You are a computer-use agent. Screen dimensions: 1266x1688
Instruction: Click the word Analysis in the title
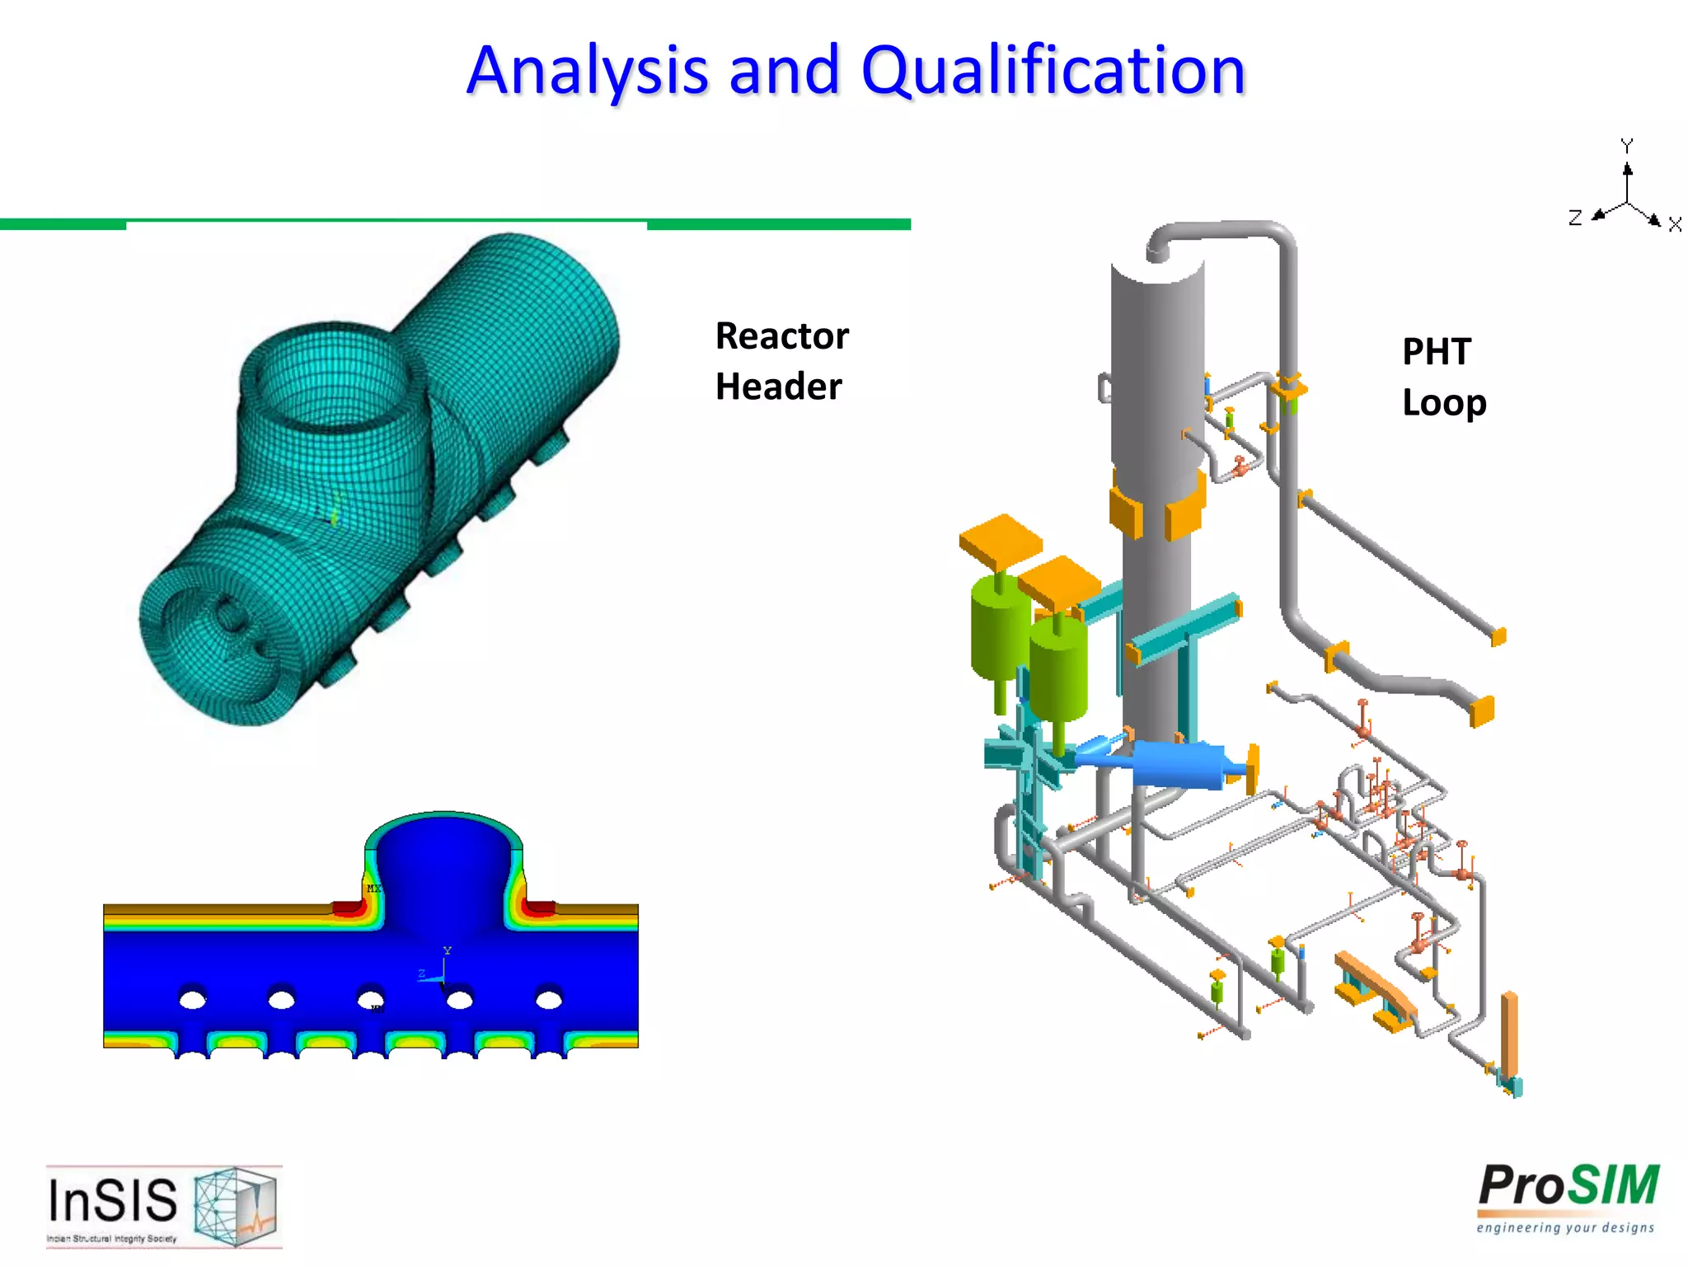tap(586, 71)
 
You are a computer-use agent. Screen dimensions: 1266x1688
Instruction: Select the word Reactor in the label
tap(781, 336)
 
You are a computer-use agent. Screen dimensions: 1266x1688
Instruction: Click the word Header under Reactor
tap(778, 387)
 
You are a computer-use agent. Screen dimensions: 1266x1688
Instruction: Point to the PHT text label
tap(1436, 352)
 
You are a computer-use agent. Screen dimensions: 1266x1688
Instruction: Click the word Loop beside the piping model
tap(1444, 403)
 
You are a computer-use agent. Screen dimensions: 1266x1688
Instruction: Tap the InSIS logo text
tap(113, 1200)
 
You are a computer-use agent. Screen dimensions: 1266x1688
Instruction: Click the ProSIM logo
tap(1568, 1187)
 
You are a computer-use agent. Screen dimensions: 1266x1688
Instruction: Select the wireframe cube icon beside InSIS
tap(236, 1205)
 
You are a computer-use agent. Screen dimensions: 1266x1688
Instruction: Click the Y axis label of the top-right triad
tap(1626, 146)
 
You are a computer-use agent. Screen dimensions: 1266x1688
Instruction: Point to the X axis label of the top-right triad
tap(1674, 225)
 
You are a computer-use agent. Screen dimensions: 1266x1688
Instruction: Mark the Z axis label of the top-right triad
tap(1575, 218)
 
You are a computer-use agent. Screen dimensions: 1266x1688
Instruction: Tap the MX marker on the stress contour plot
tap(373, 889)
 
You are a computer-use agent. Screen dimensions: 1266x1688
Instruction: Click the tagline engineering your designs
tap(1565, 1228)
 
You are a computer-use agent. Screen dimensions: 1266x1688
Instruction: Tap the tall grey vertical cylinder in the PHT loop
tap(1156, 495)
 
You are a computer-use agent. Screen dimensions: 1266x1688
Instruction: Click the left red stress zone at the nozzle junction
tap(349, 907)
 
